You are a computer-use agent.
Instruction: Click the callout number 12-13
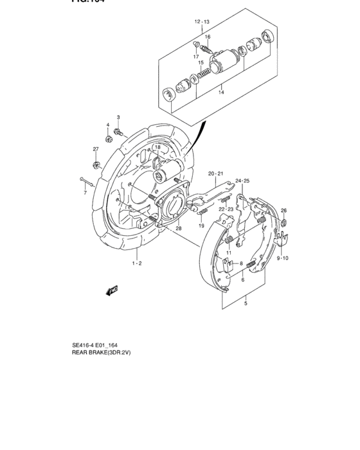coord(202,22)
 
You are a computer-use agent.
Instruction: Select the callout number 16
coord(208,37)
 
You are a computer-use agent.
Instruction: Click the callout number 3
coord(118,117)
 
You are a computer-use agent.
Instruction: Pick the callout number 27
coord(96,149)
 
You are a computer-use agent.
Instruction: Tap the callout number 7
coord(84,192)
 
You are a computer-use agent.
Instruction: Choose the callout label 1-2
coord(137,264)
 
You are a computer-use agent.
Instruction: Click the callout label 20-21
coord(215,174)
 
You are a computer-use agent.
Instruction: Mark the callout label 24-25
coord(242,181)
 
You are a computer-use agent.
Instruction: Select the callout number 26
coord(283,211)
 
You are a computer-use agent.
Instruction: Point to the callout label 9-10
coord(283,258)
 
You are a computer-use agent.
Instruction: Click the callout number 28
coord(178,228)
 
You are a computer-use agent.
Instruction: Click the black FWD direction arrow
coord(112,290)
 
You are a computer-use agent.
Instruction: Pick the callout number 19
coord(201,226)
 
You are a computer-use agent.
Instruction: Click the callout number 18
coord(157,148)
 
